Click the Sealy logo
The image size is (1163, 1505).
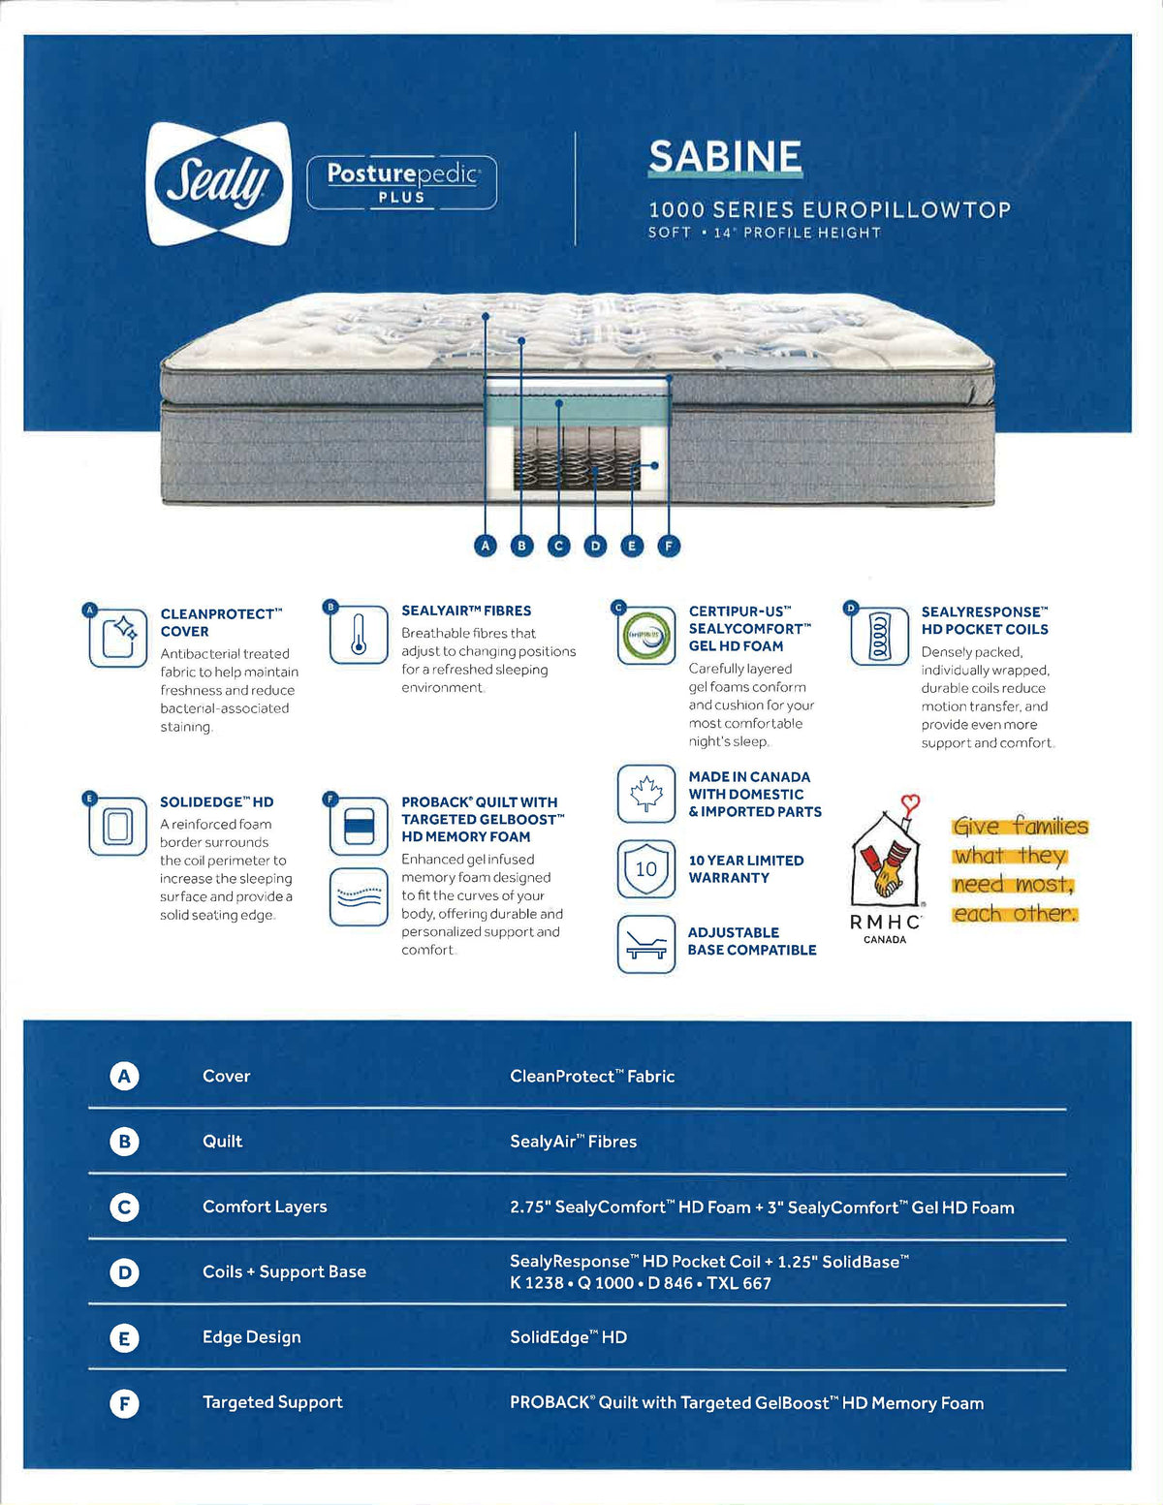[218, 183]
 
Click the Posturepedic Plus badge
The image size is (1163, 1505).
[401, 182]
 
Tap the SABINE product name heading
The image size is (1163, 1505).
[725, 157]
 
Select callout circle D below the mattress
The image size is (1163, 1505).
[595, 546]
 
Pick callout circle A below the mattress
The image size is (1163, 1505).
[486, 546]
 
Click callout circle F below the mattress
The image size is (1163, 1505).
[668, 546]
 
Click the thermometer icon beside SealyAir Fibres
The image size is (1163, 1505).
[359, 635]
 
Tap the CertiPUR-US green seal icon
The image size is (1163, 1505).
[645, 636]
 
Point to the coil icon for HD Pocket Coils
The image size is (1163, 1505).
[879, 636]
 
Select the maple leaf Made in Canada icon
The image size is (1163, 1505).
[645, 794]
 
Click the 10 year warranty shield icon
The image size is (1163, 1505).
[645, 868]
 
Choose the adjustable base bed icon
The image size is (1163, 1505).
[645, 943]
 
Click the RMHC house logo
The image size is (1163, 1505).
[885, 857]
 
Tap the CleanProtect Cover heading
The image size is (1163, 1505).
[220, 622]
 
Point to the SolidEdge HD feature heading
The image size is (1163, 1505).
[216, 801]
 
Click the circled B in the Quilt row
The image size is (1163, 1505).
[124, 1142]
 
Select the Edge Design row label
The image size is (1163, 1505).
[251, 1337]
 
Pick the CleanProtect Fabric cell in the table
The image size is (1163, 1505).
[592, 1076]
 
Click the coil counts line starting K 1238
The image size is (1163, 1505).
[641, 1283]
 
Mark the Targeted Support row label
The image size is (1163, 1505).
[272, 1402]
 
